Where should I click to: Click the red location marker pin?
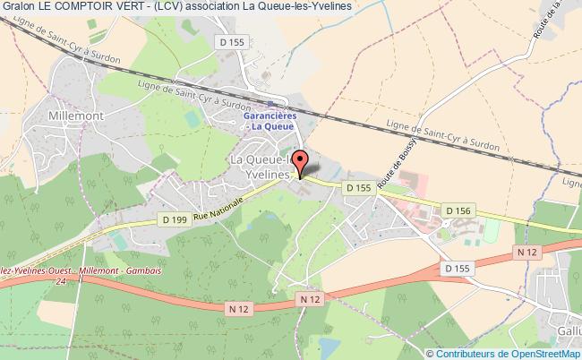[302, 164]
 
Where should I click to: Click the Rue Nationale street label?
[218, 208]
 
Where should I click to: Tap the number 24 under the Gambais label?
[60, 281]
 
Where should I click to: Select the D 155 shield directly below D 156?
[457, 267]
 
